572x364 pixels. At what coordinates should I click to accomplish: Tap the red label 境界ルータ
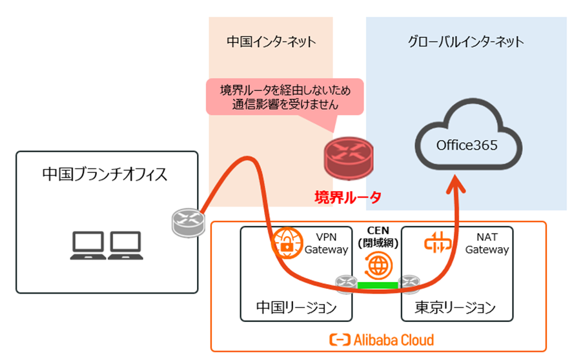point(348,196)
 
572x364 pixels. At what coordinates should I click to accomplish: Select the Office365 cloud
point(467,145)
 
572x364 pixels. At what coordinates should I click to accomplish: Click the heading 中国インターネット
point(271,42)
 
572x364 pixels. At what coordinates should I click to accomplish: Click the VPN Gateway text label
point(325,243)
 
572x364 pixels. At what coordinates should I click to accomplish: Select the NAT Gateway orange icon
point(437,243)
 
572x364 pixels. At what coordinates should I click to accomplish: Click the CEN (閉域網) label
point(377,236)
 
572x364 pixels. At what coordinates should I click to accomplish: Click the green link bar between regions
point(378,285)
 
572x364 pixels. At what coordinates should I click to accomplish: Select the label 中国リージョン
point(296,307)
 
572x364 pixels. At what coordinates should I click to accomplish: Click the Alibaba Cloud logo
point(381,339)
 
